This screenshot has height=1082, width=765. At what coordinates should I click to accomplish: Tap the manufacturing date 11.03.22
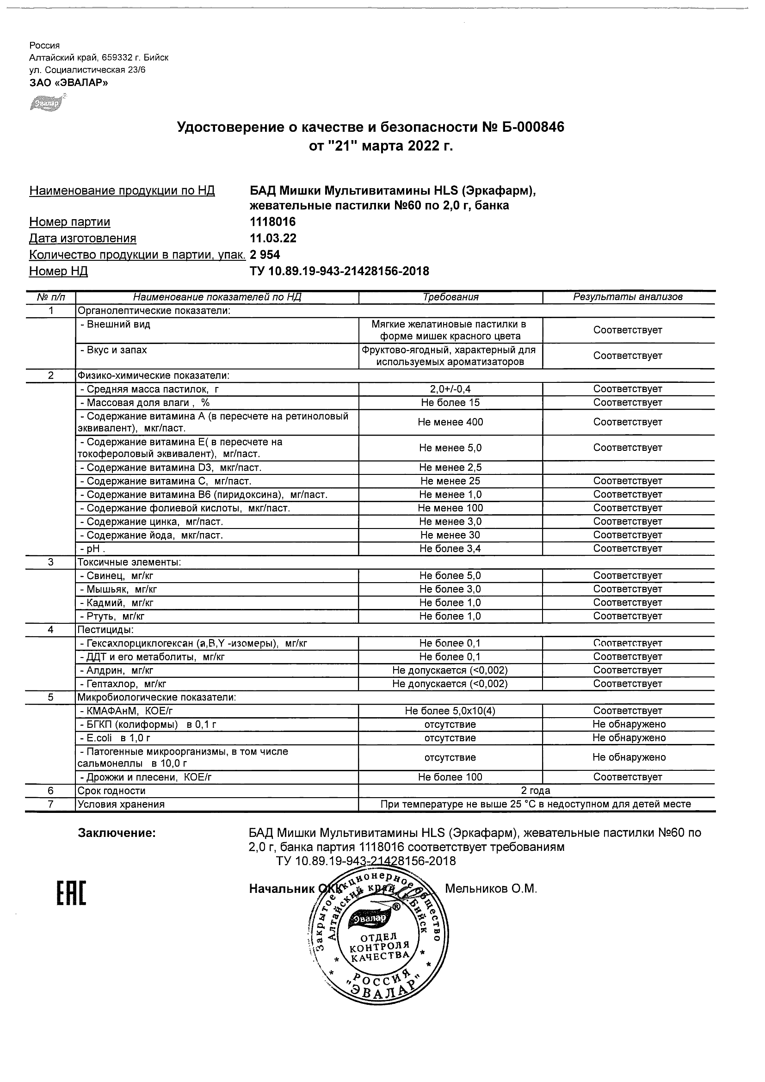point(273,238)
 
